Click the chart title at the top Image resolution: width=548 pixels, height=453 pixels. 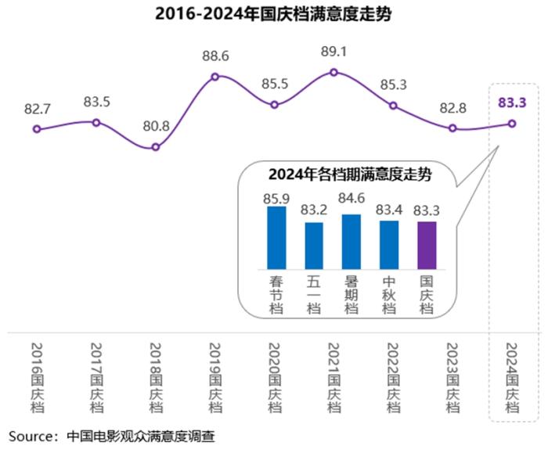point(273,14)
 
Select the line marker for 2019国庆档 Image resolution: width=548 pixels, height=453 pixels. point(215,77)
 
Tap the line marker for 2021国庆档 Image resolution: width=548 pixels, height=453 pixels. point(334,72)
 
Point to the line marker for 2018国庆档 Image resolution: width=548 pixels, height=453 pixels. point(156,147)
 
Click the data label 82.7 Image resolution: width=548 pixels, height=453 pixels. point(37,108)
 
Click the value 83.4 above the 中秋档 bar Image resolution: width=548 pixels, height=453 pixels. point(389,209)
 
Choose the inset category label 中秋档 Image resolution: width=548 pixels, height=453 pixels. point(389,294)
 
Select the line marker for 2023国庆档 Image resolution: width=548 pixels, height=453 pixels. point(452,128)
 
